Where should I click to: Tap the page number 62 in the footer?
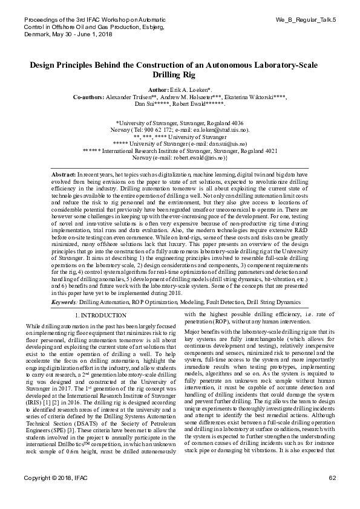332,495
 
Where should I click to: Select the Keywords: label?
65,301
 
